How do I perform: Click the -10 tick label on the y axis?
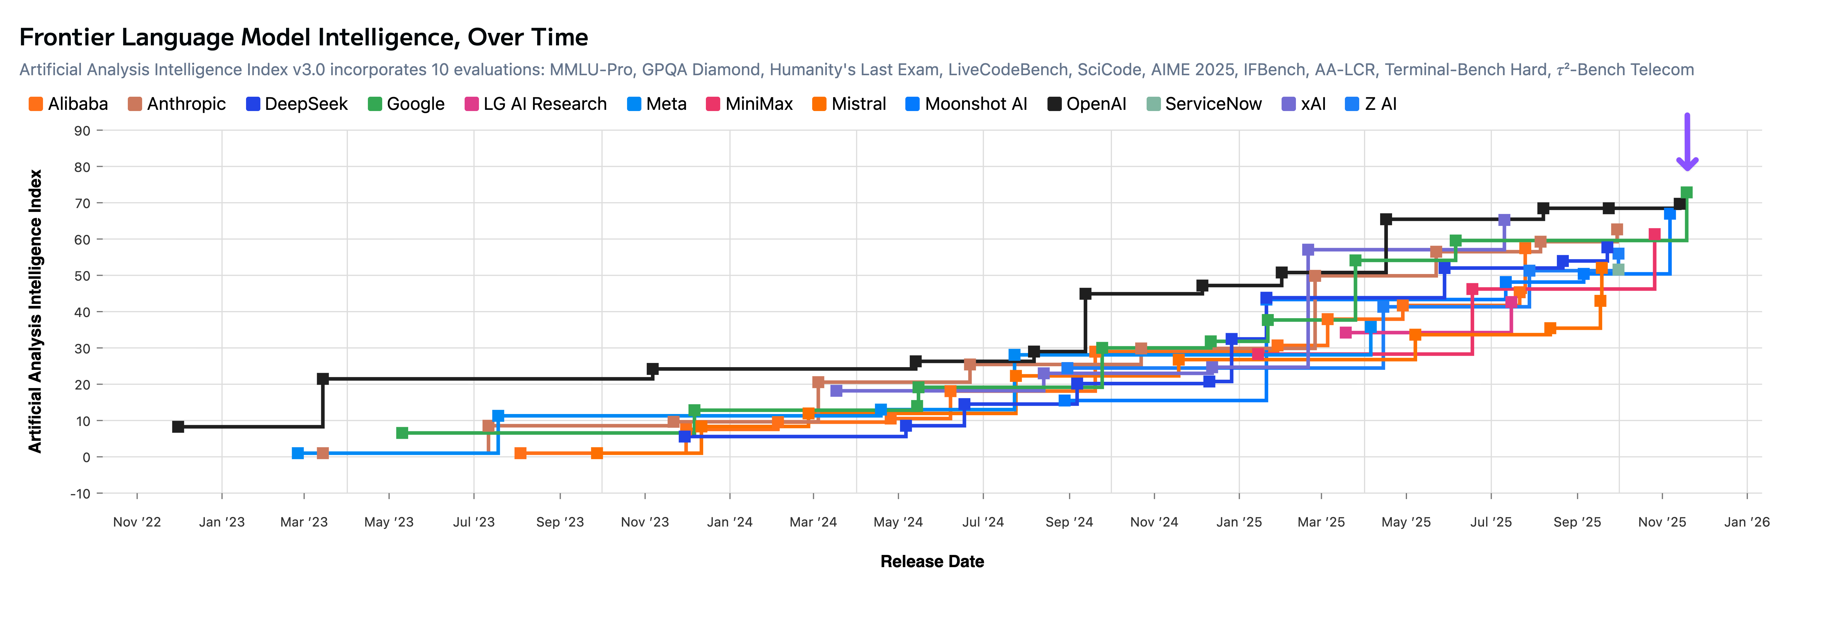click(80, 493)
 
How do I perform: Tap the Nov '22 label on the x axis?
click(137, 522)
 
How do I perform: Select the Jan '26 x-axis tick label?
click(1746, 522)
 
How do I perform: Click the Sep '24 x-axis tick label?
click(1069, 522)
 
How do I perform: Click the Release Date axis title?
click(932, 561)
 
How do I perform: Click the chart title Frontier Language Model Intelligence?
click(303, 37)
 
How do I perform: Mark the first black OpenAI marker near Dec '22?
click(178, 427)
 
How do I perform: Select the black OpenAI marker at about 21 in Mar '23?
click(323, 379)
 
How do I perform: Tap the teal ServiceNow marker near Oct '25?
click(1618, 269)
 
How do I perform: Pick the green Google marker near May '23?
click(402, 433)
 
